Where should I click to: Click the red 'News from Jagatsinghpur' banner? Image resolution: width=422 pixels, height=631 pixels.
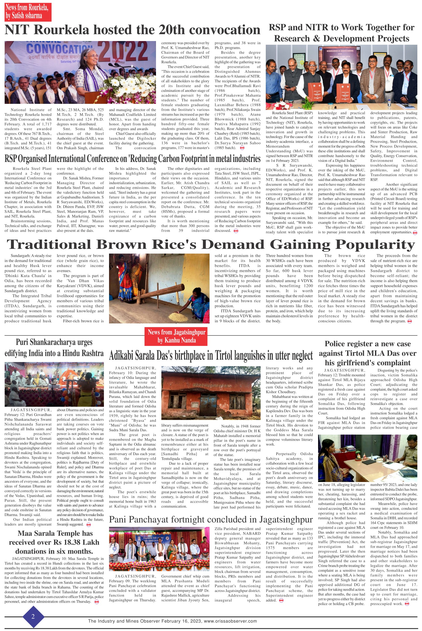coord(177,336)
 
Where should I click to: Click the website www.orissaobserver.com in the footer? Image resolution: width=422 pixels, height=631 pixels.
coord(230,621)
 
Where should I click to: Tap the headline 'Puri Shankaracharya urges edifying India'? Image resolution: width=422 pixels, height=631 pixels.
coord(54,348)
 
